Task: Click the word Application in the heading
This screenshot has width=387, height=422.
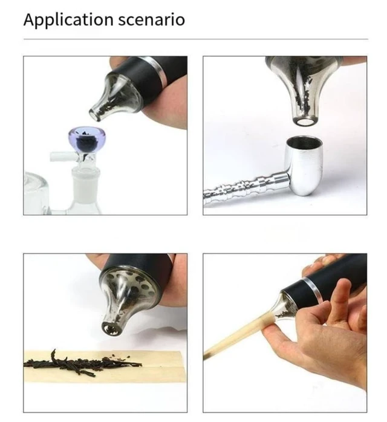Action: [x=68, y=20]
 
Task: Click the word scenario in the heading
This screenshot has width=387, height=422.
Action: [x=152, y=20]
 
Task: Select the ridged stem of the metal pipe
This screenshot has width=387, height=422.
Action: [x=246, y=189]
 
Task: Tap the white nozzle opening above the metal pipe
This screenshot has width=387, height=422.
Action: [x=304, y=122]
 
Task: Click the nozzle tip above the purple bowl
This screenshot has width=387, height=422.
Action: [x=96, y=114]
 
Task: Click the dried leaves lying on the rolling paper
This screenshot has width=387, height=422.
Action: [x=82, y=362]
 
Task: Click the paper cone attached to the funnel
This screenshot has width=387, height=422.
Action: [x=239, y=336]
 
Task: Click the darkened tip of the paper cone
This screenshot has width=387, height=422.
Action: [x=207, y=355]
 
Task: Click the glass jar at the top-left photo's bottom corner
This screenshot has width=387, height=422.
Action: [x=36, y=193]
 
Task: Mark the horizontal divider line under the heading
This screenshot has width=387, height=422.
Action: [x=196, y=39]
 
